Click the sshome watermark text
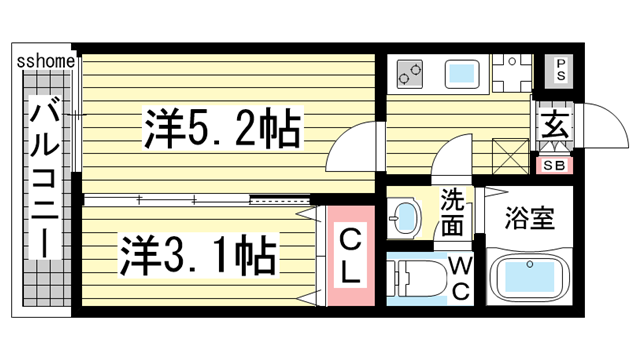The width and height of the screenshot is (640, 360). click(44, 61)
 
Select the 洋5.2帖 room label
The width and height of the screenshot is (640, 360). click(223, 127)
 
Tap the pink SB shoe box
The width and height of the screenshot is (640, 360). click(554, 165)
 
